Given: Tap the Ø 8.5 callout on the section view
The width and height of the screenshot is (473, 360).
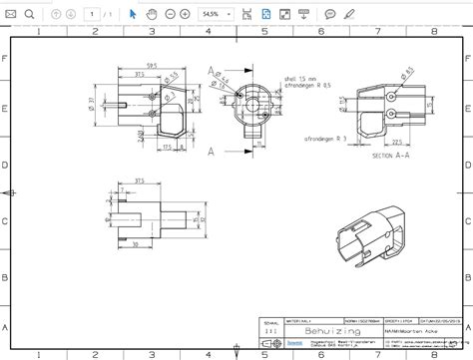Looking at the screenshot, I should click(x=409, y=71).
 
